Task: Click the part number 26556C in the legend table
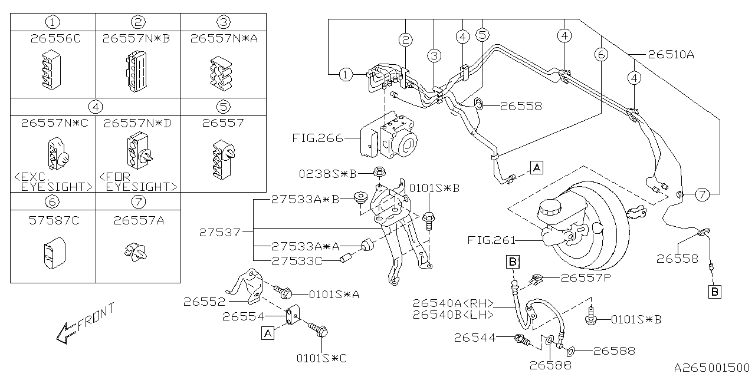[52, 39]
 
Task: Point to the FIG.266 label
[318, 139]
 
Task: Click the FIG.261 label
[491, 240]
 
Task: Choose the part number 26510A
[671, 55]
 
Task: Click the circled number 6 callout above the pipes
[600, 55]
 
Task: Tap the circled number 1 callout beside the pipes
[346, 74]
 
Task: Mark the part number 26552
[204, 302]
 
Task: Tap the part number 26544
[475, 338]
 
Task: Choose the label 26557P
[585, 277]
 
